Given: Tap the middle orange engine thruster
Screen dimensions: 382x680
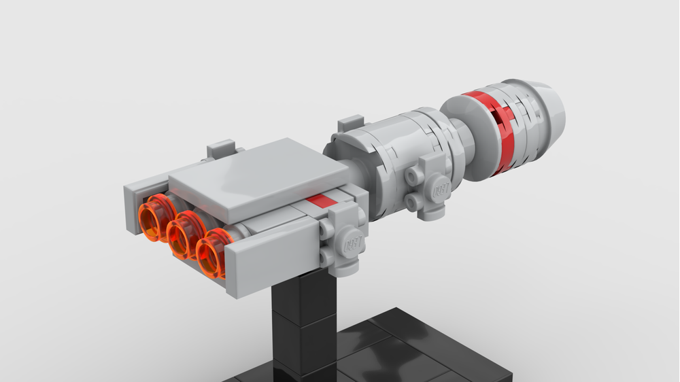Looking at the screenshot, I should (x=184, y=235).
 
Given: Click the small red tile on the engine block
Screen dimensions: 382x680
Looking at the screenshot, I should (x=320, y=201).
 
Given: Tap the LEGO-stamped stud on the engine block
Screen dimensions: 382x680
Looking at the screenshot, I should (x=353, y=241).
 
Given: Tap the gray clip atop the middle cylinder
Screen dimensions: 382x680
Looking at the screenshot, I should (x=351, y=124).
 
